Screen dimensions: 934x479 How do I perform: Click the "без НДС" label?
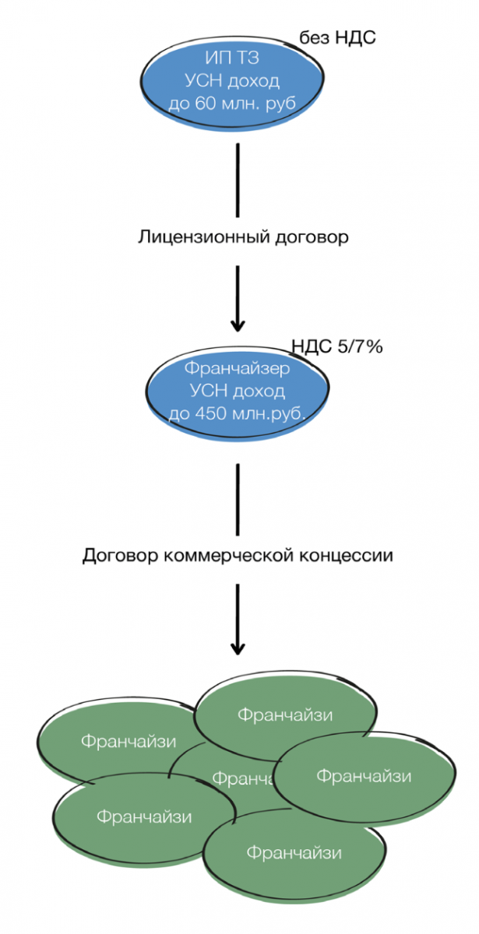click(x=338, y=37)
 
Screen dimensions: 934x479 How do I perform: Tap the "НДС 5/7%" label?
click(x=336, y=347)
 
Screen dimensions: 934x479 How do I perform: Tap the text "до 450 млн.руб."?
click(x=237, y=413)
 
